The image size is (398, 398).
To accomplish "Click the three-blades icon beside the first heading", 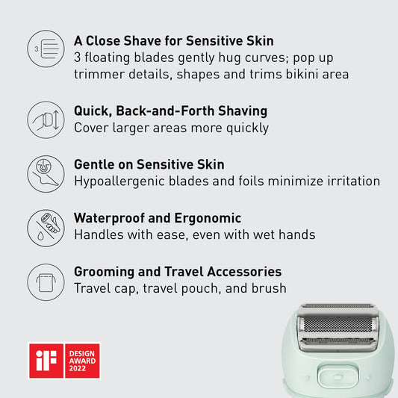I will pyautogui.click(x=46, y=49).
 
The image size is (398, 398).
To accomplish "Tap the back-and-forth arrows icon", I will pyautogui.click(x=46, y=119).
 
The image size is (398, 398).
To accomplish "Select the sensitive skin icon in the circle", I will pyautogui.click(x=46, y=173).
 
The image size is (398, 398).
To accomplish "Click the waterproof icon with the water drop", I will pyautogui.click(x=46, y=227).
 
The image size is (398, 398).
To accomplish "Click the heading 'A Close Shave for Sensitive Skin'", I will pyautogui.click(x=173, y=40).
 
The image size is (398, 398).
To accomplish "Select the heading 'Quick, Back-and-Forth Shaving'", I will pyautogui.click(x=170, y=111).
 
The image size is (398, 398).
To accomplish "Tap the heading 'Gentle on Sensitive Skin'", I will pyautogui.click(x=149, y=164).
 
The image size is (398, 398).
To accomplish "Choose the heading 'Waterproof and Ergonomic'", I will pyautogui.click(x=157, y=218).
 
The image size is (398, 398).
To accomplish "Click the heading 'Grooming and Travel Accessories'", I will pyautogui.click(x=178, y=272).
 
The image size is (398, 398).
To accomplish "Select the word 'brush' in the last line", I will pyautogui.click(x=267, y=288).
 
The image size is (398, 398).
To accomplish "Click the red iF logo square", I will pyautogui.click(x=45, y=360).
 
